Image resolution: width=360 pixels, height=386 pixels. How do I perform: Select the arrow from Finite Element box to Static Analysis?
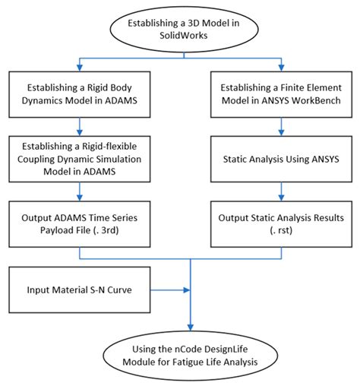283,127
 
